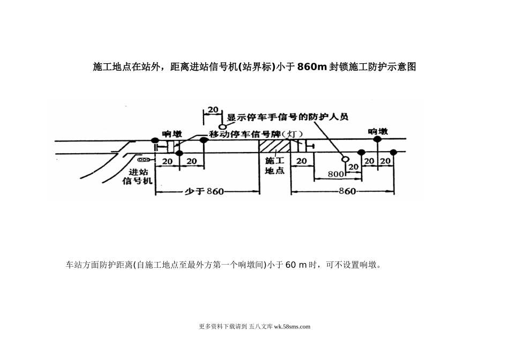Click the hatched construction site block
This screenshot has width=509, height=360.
point(275,146)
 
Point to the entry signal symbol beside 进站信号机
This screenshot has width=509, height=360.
point(144,160)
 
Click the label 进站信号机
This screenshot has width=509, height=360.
point(138,176)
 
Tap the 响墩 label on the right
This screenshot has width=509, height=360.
point(378,130)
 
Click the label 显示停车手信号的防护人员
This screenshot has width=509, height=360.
point(288,117)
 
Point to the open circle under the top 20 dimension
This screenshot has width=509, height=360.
point(221,126)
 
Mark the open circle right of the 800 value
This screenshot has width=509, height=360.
point(346,159)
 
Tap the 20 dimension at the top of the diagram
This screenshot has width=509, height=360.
point(213,110)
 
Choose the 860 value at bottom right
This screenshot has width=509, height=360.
point(348,191)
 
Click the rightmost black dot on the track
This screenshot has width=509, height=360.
point(394,153)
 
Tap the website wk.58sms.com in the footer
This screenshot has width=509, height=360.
point(292,326)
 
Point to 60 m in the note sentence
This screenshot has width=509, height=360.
point(295,265)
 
